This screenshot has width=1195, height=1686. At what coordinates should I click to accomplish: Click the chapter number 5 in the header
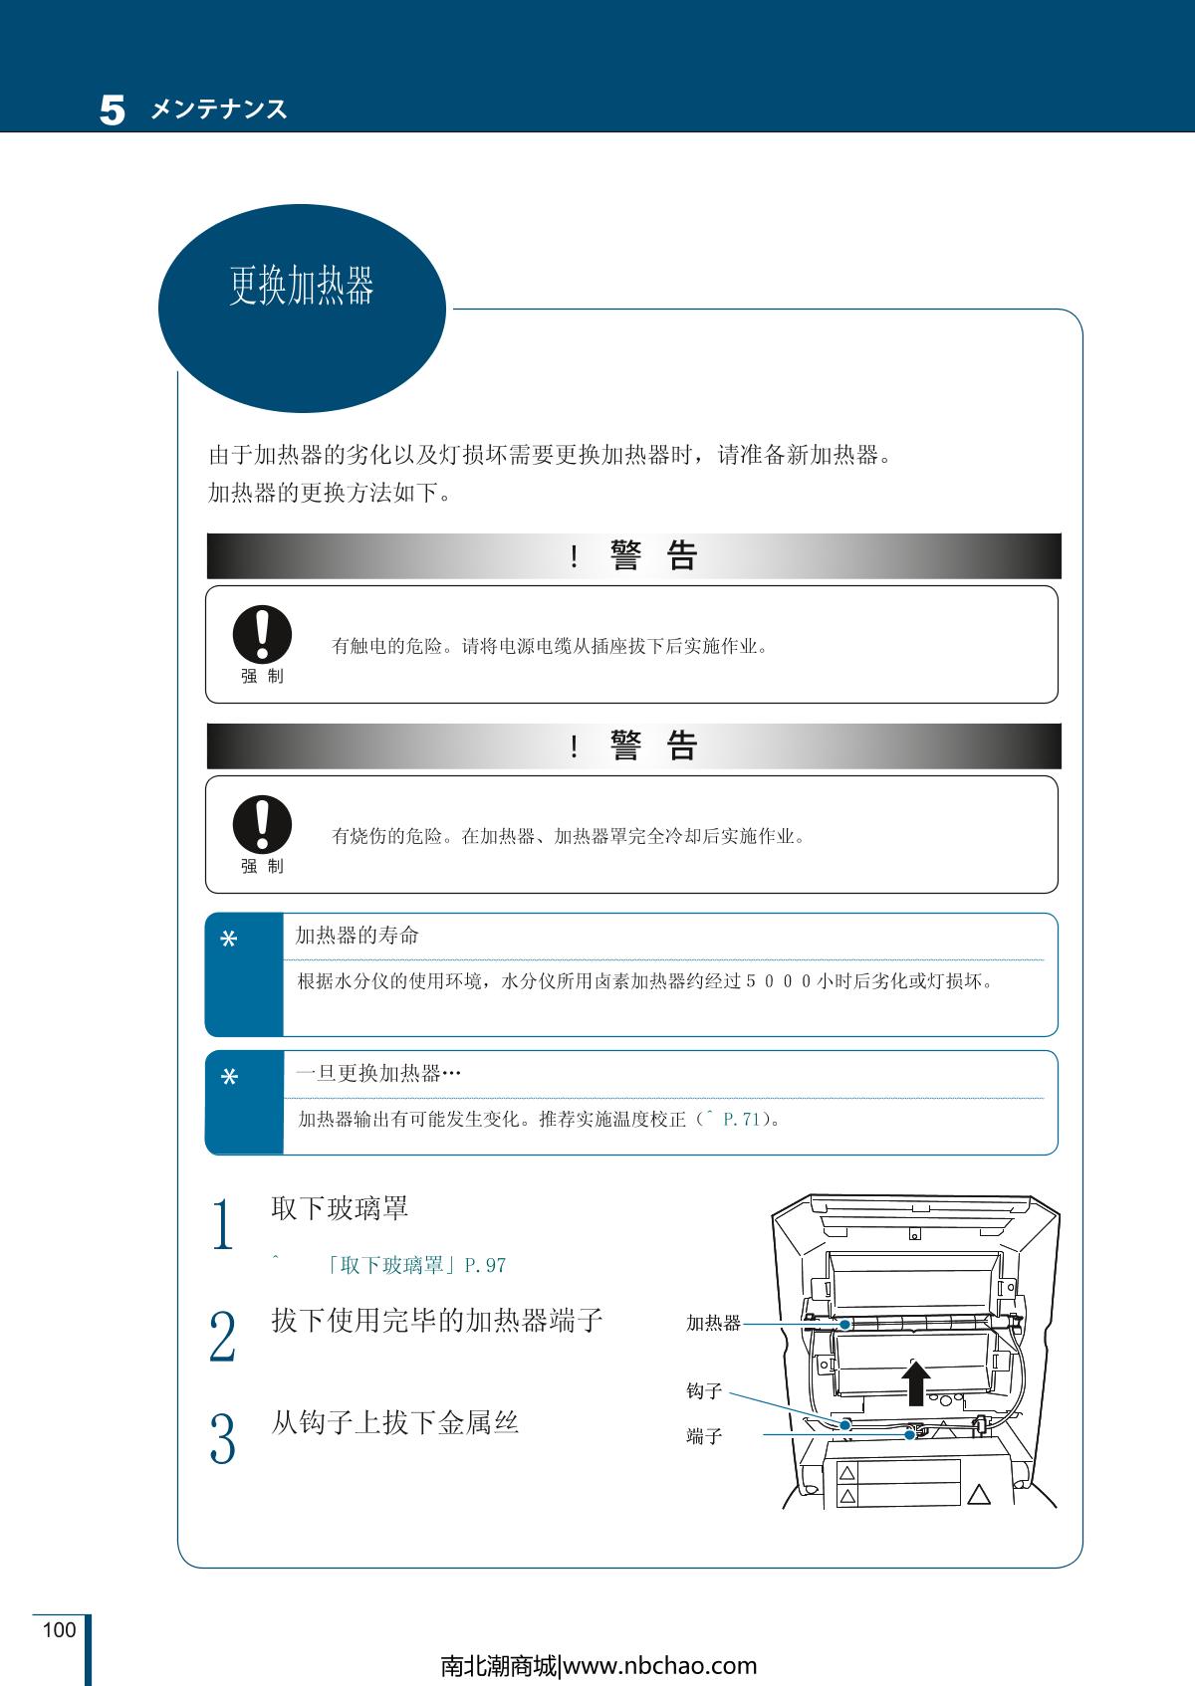click(x=113, y=109)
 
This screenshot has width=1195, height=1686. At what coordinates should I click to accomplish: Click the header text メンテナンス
click(x=219, y=109)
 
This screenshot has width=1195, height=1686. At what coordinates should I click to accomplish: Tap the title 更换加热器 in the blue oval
click(x=301, y=286)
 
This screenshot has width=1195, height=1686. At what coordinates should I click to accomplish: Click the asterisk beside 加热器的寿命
click(x=229, y=940)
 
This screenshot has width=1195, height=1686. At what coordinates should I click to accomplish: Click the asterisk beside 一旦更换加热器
click(x=229, y=1077)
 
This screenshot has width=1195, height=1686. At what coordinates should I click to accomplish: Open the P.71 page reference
click(x=742, y=1120)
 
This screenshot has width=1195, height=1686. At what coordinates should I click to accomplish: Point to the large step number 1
click(x=222, y=1224)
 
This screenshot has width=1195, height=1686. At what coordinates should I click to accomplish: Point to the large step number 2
click(x=222, y=1337)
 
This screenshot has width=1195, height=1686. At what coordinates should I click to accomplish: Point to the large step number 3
click(x=222, y=1438)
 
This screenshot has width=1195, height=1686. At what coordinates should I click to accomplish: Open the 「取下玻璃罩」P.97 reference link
click(x=415, y=1265)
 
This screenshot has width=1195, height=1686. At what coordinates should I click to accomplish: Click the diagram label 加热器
click(x=713, y=1323)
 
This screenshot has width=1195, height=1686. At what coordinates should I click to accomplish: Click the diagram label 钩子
click(x=704, y=1391)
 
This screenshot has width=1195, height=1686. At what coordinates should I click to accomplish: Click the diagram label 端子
click(x=704, y=1436)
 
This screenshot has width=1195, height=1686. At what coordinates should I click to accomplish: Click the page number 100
click(x=60, y=1630)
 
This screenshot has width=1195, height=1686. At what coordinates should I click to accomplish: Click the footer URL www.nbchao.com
click(x=660, y=1667)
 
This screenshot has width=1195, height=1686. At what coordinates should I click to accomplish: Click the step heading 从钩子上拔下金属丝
click(x=395, y=1423)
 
